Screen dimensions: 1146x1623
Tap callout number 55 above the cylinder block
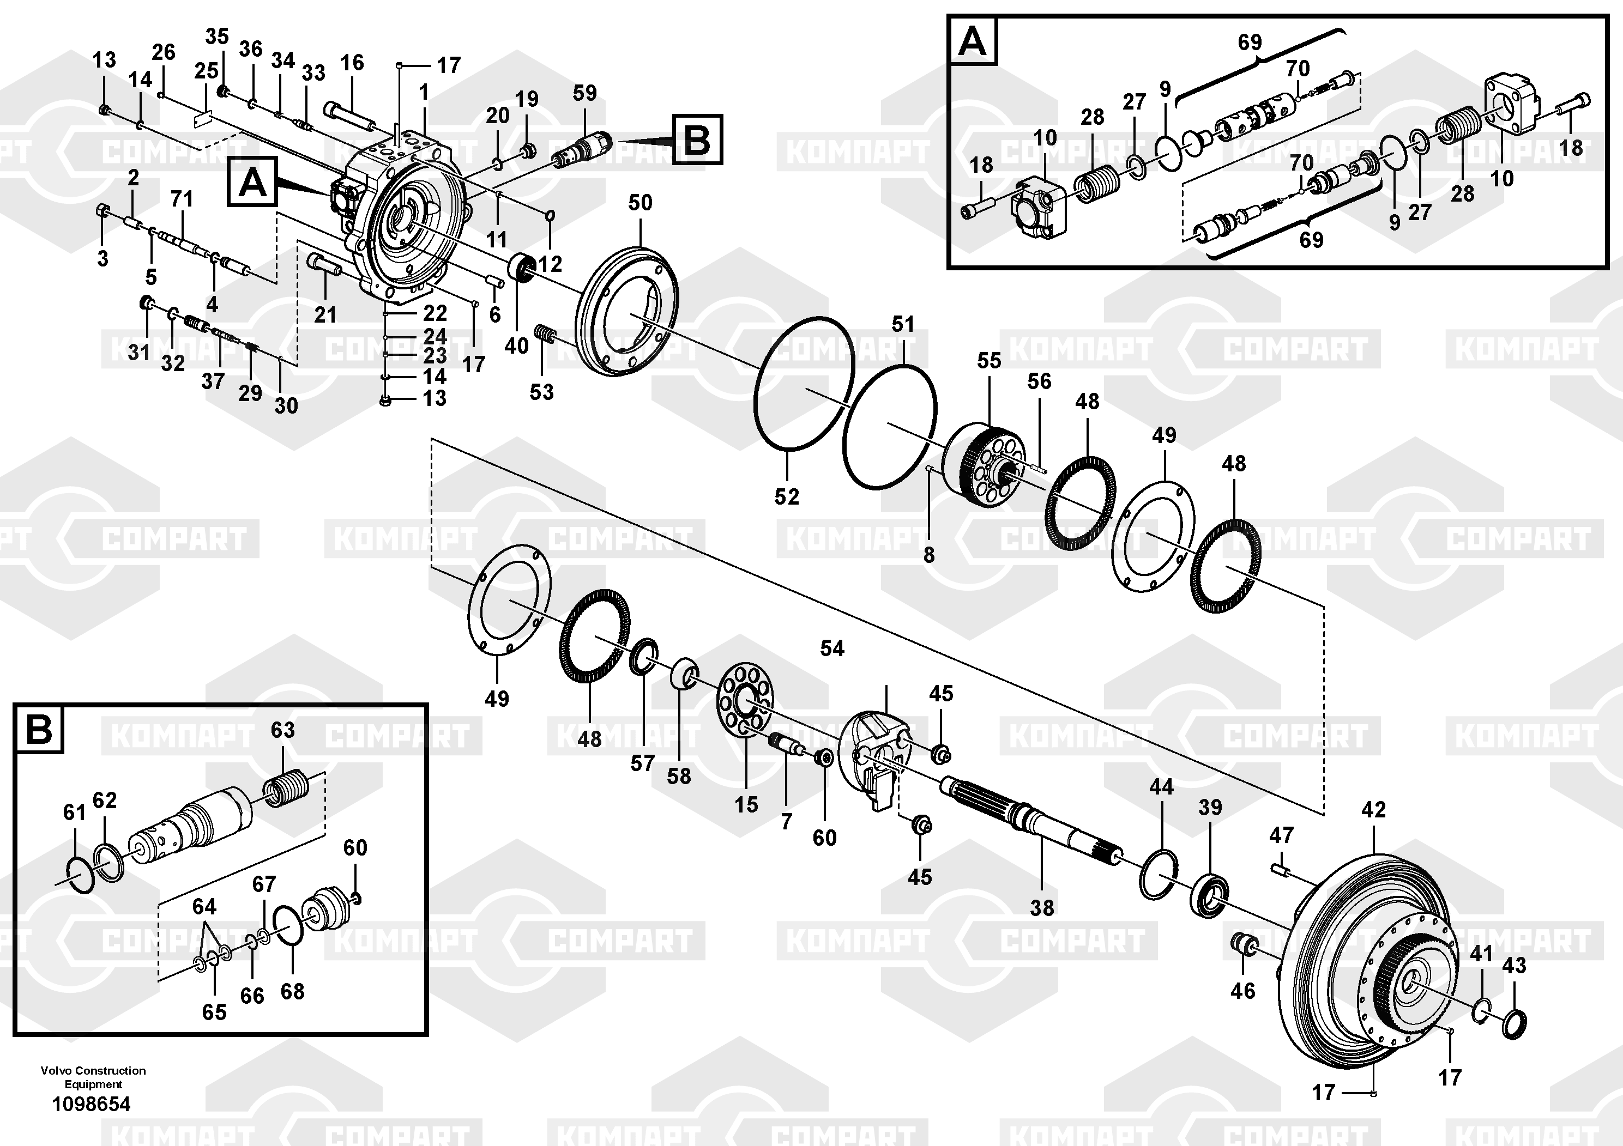989,361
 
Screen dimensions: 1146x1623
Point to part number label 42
1373,810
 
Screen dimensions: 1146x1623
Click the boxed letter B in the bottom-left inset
38,729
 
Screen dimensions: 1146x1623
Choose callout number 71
182,199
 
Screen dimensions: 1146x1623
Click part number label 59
584,93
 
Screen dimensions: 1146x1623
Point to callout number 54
832,648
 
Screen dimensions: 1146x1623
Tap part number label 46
1242,991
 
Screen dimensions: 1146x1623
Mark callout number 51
903,324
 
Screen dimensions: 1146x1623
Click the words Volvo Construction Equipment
93,1077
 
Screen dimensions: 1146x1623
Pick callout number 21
325,314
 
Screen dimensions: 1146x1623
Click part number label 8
929,555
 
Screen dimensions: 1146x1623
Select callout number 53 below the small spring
541,392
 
